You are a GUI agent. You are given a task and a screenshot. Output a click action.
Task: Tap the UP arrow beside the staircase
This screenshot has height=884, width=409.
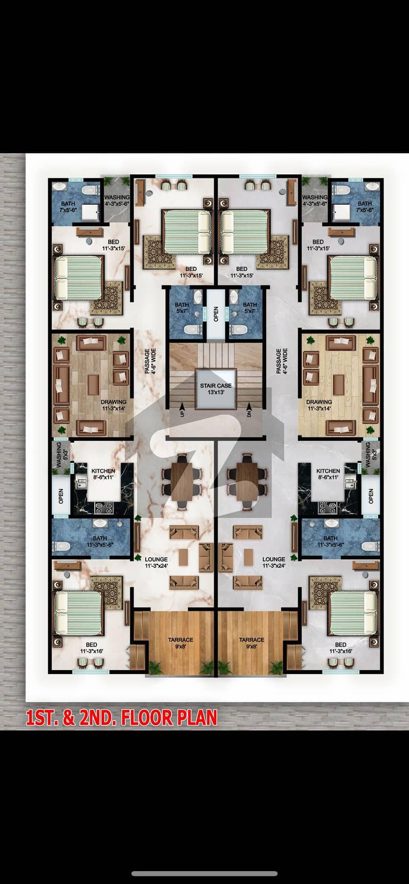(182, 407)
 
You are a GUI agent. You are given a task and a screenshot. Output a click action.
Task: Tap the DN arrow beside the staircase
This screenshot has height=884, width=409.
(249, 407)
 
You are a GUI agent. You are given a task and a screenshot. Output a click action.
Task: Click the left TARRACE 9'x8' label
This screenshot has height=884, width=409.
(180, 643)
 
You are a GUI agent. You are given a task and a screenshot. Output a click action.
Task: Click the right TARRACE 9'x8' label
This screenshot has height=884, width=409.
(252, 643)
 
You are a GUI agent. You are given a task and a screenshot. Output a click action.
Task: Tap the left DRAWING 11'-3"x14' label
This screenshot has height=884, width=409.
(113, 405)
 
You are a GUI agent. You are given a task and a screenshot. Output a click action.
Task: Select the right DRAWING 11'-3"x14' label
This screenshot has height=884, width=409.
(320, 405)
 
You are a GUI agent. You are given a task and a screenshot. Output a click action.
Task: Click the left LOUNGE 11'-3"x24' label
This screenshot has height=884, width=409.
(156, 563)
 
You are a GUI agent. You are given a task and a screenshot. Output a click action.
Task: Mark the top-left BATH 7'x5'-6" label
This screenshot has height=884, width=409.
(68, 207)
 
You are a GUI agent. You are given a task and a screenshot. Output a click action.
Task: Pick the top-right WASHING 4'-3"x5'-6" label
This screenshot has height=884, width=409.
(315, 200)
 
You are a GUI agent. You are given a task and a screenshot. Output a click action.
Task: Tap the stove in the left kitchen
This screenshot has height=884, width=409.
(105, 508)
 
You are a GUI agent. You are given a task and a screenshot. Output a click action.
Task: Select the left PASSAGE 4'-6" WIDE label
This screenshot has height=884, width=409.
(149, 361)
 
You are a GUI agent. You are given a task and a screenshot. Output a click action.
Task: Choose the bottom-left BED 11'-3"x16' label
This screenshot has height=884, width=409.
(92, 648)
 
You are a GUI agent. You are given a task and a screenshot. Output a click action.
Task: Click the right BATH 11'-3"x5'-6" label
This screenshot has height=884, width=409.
(330, 541)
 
